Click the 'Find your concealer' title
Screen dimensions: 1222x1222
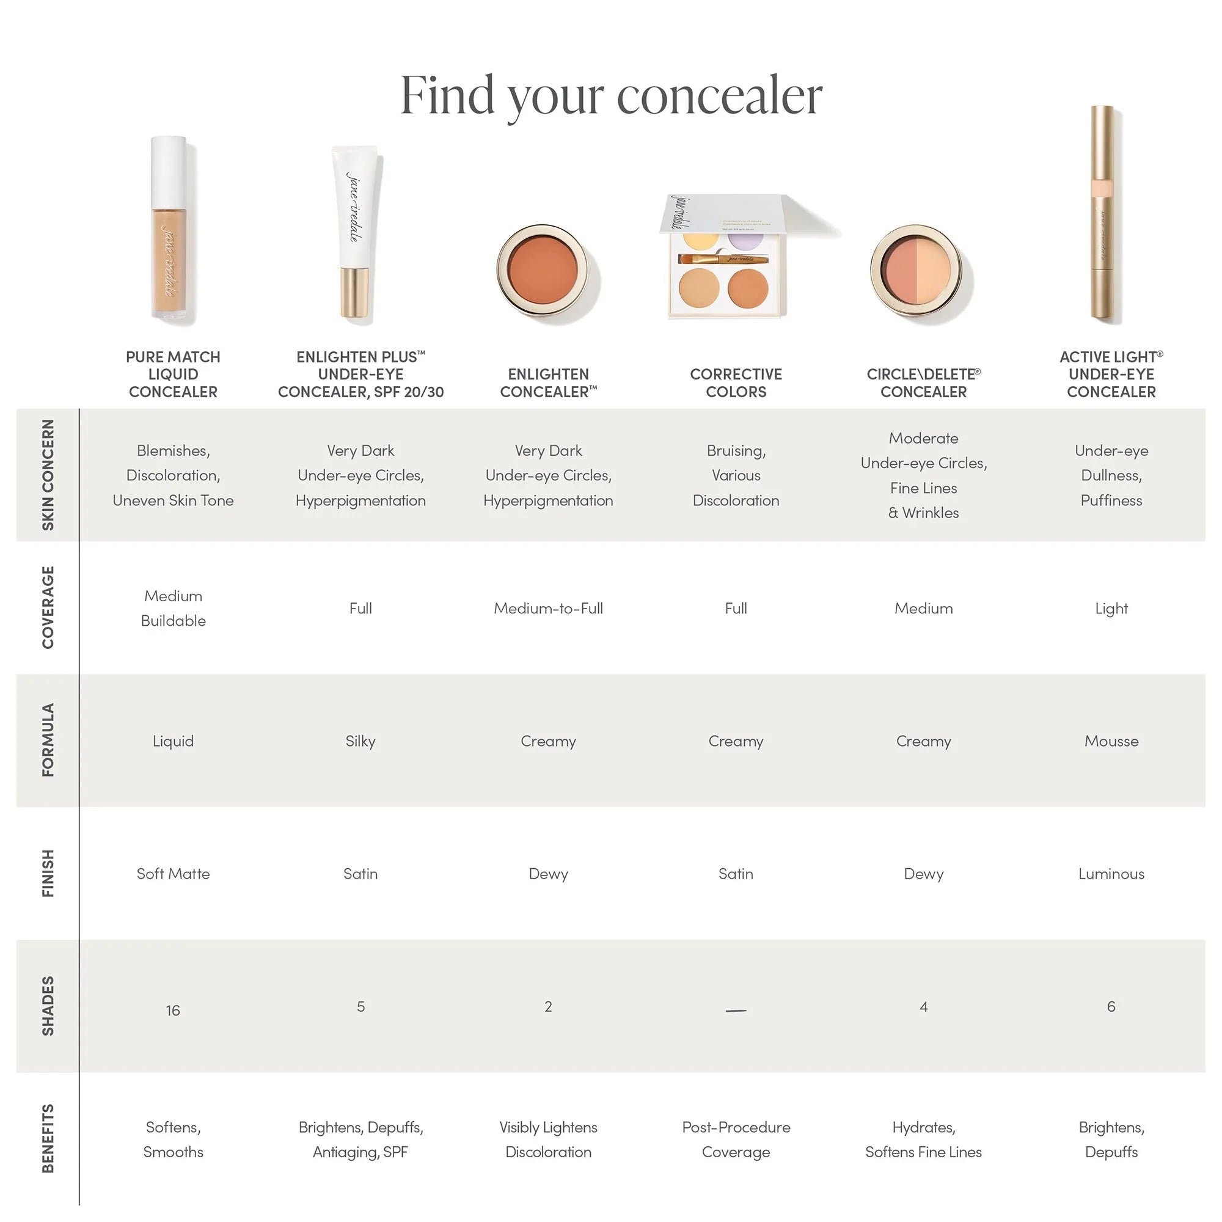[x=611, y=96]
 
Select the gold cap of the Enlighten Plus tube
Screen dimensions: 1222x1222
[x=354, y=293]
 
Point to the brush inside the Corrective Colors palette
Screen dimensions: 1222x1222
[x=723, y=258]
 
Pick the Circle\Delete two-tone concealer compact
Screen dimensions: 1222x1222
[x=916, y=269]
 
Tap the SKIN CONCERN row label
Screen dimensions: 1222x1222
[x=48, y=474]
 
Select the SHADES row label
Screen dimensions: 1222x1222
[x=48, y=1006]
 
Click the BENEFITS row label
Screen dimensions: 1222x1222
[x=48, y=1138]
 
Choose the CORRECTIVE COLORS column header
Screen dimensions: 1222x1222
[x=736, y=382]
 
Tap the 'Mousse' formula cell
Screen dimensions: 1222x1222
[x=1111, y=741]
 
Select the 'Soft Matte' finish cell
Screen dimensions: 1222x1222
[x=173, y=874]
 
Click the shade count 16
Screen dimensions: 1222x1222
[x=173, y=1010]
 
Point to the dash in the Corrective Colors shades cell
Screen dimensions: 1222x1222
[x=736, y=1011]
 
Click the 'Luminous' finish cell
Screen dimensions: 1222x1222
[x=1111, y=874]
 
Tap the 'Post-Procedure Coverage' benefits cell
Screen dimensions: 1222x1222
[x=736, y=1139]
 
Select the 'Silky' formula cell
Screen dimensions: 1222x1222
[x=360, y=741]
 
